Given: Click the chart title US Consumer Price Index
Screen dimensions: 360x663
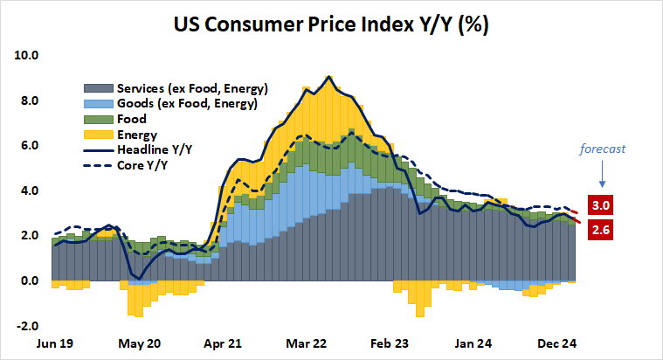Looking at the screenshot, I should click(x=330, y=24).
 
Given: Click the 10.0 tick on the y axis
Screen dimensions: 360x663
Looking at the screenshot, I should click(x=27, y=55).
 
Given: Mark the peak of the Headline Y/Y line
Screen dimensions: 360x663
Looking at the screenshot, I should click(x=328, y=77).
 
